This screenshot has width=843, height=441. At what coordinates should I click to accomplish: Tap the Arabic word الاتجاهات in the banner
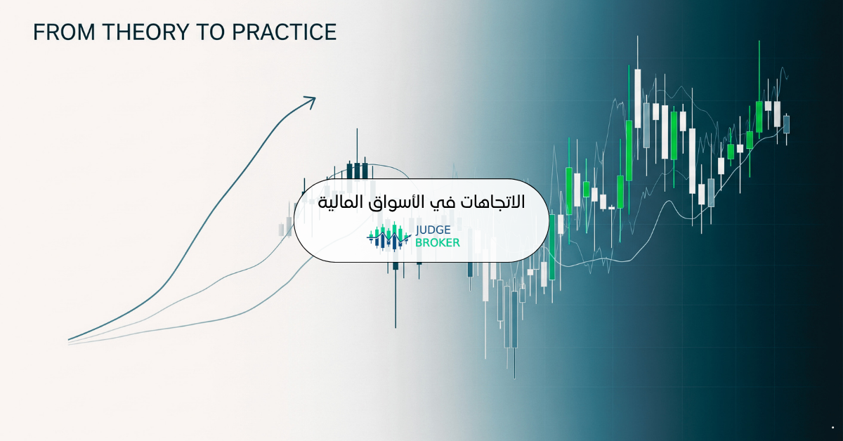(492, 202)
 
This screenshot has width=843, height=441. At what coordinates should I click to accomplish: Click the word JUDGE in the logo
(435, 230)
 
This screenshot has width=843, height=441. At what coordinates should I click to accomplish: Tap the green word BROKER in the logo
(437, 243)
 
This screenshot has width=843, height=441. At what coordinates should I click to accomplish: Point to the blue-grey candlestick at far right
(786, 124)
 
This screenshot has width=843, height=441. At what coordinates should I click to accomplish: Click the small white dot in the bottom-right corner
(832, 428)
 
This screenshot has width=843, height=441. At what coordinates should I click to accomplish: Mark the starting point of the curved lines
(70, 341)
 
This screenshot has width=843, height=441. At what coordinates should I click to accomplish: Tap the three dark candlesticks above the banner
(358, 169)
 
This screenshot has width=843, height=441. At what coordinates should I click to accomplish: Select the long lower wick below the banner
(395, 298)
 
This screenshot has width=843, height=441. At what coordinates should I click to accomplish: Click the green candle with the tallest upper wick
(759, 116)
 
